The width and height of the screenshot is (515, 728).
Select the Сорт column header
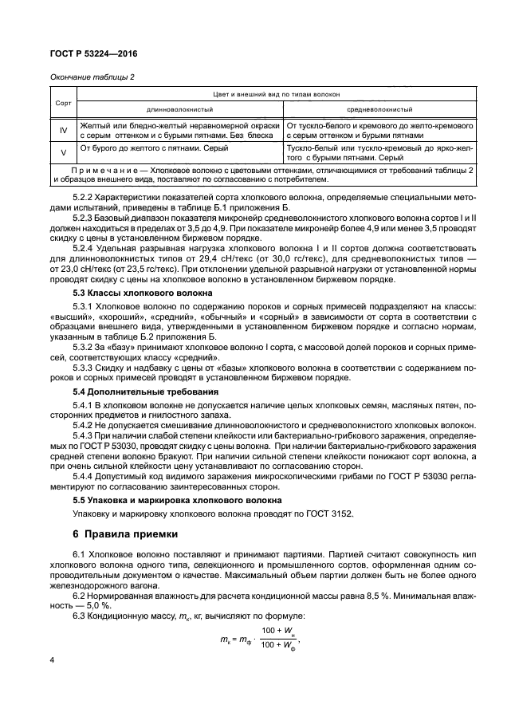click(62, 104)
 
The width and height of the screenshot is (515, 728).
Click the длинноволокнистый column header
click(178, 109)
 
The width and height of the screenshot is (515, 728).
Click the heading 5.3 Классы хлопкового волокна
click(126, 293)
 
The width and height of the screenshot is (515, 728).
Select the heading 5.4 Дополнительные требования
click(128, 393)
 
